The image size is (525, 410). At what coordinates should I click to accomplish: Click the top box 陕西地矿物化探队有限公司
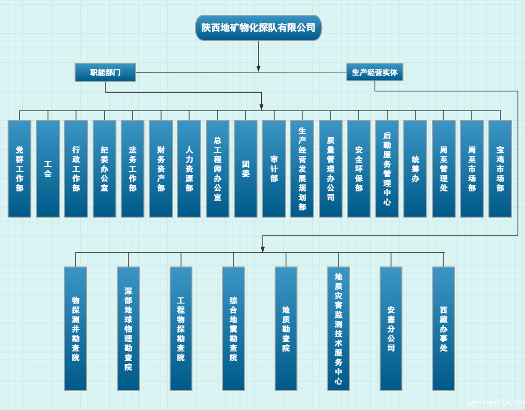pos(258,28)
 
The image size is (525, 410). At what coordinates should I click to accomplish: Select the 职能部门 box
pos(105,72)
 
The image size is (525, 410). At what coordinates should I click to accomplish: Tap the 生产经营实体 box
pos(375,72)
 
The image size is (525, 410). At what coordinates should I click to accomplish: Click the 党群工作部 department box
pos(19,169)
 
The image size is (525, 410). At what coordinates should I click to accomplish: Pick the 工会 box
pos(48,169)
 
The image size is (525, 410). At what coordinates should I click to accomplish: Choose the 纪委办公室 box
pos(105,169)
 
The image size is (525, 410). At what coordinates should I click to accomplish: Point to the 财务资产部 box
pos(161,169)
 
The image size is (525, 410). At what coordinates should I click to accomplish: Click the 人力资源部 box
pos(189,169)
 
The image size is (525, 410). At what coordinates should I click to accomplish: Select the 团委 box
pos(246,169)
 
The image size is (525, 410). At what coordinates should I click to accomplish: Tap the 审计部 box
pos(274,169)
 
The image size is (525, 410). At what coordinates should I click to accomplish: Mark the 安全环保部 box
pos(359,169)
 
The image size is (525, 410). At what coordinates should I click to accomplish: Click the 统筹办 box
pos(415,169)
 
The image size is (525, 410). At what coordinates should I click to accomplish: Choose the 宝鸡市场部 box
pos(500,169)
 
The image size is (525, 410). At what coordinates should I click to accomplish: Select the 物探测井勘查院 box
pos(76,328)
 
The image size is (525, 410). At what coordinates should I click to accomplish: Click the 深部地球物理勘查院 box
pos(128,328)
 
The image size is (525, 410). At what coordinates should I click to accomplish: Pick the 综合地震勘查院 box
pos(233,328)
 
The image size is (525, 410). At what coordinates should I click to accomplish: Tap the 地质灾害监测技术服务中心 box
pos(339,328)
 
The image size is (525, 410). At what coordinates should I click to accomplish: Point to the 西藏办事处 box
pos(444,328)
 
